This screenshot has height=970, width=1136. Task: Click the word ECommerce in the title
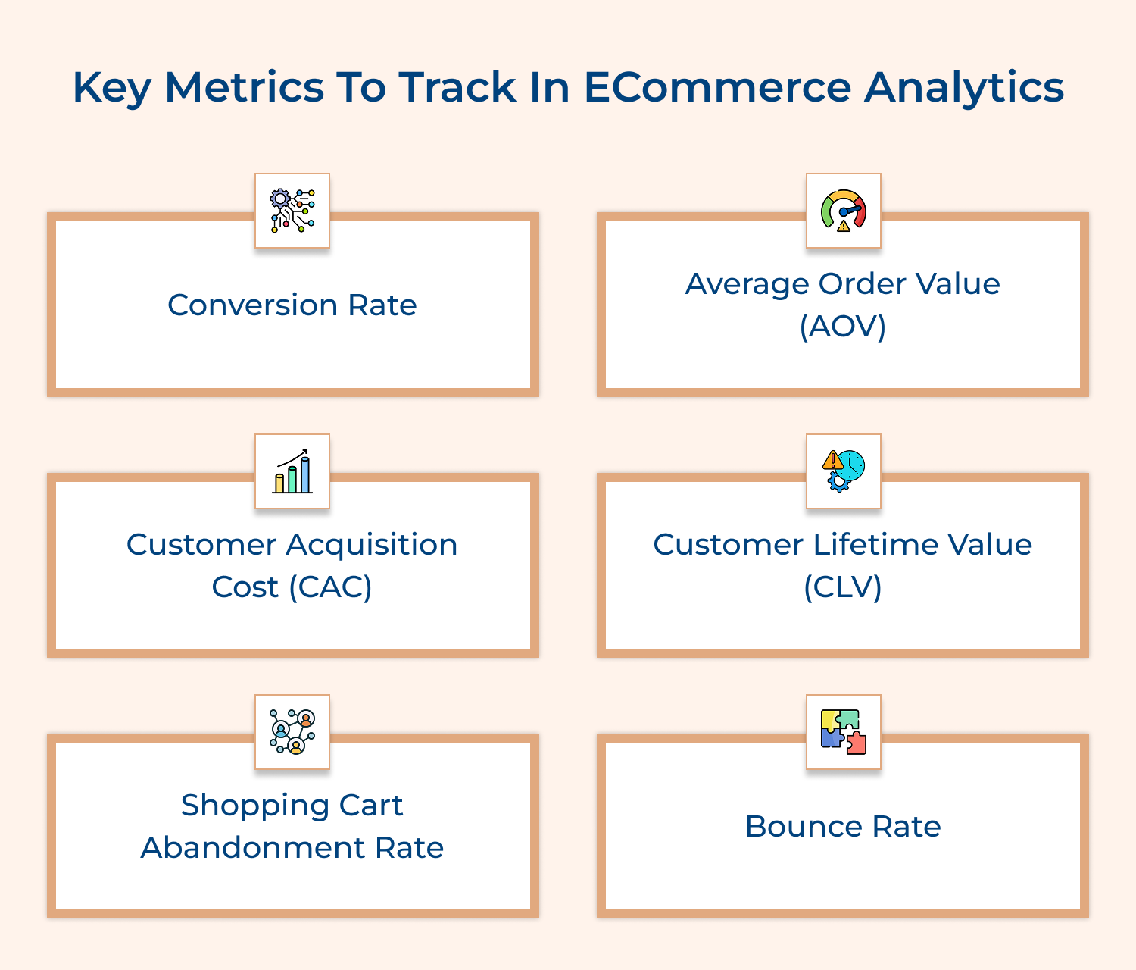pos(717,87)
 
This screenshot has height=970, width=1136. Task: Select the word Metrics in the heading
pos(244,87)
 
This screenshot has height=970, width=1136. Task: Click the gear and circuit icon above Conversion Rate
pos(292,211)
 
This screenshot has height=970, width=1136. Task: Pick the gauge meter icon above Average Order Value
pos(843,211)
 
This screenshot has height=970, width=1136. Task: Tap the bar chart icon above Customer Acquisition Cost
pos(292,471)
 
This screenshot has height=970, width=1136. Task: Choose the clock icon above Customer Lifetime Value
pos(843,471)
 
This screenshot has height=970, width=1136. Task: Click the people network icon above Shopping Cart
pos(292,732)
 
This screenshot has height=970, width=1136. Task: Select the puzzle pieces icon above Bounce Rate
pos(843,732)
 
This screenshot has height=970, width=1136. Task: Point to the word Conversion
pos(252,305)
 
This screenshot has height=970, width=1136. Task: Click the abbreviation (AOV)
pos(843,327)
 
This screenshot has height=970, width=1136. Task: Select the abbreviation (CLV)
pos(843,587)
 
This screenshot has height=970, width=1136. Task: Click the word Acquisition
pos(372,545)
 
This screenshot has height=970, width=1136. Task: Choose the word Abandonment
pos(254,848)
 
